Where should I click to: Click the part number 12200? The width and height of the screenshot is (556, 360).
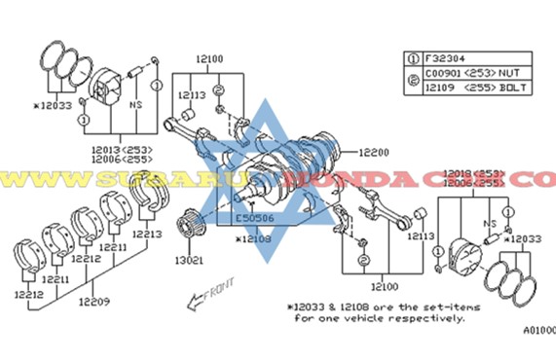click(374, 153)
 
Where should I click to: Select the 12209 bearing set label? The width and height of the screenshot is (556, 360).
click(93, 302)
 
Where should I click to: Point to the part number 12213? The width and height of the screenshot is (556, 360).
click(149, 234)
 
